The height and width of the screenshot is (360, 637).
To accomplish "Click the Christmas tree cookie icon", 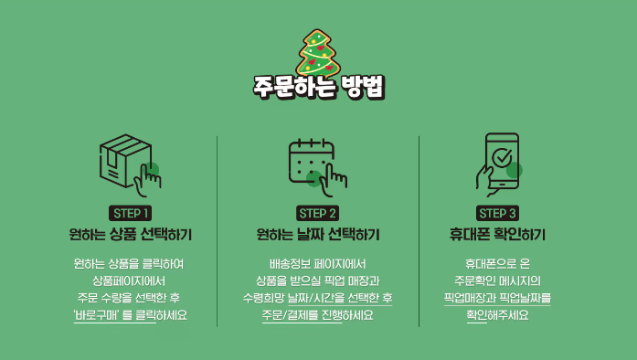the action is click(x=318, y=51).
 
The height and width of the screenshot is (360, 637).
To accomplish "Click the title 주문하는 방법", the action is click(x=318, y=88).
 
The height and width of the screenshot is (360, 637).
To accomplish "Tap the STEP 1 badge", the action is click(x=129, y=213).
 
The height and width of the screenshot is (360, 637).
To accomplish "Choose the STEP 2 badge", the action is click(x=318, y=213).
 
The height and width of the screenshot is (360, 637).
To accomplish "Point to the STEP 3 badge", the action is click(x=498, y=213).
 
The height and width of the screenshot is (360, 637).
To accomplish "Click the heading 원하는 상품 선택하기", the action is click(x=129, y=235).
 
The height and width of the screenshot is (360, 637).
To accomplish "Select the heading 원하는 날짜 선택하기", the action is click(x=318, y=235).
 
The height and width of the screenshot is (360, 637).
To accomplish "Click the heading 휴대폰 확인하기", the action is click(x=498, y=235).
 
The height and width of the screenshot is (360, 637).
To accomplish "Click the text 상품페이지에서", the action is click(x=129, y=281).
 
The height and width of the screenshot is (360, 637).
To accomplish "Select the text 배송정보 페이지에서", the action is click(x=318, y=263).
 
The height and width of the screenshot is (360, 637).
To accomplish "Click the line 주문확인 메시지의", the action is click(x=498, y=281).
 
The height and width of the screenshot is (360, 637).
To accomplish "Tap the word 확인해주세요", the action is click(x=498, y=315).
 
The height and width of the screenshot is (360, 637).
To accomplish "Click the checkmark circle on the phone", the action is click(x=503, y=158).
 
